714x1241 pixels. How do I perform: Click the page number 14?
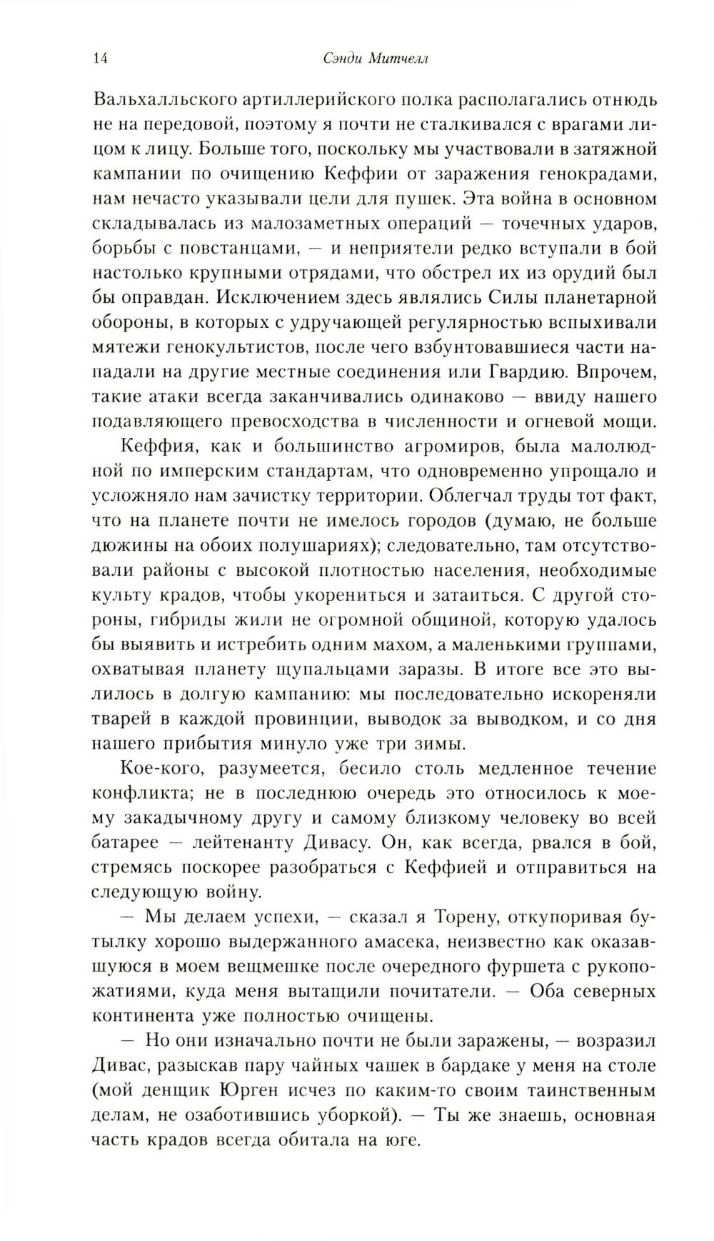tap(100, 59)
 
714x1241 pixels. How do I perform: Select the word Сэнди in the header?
tap(338, 59)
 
